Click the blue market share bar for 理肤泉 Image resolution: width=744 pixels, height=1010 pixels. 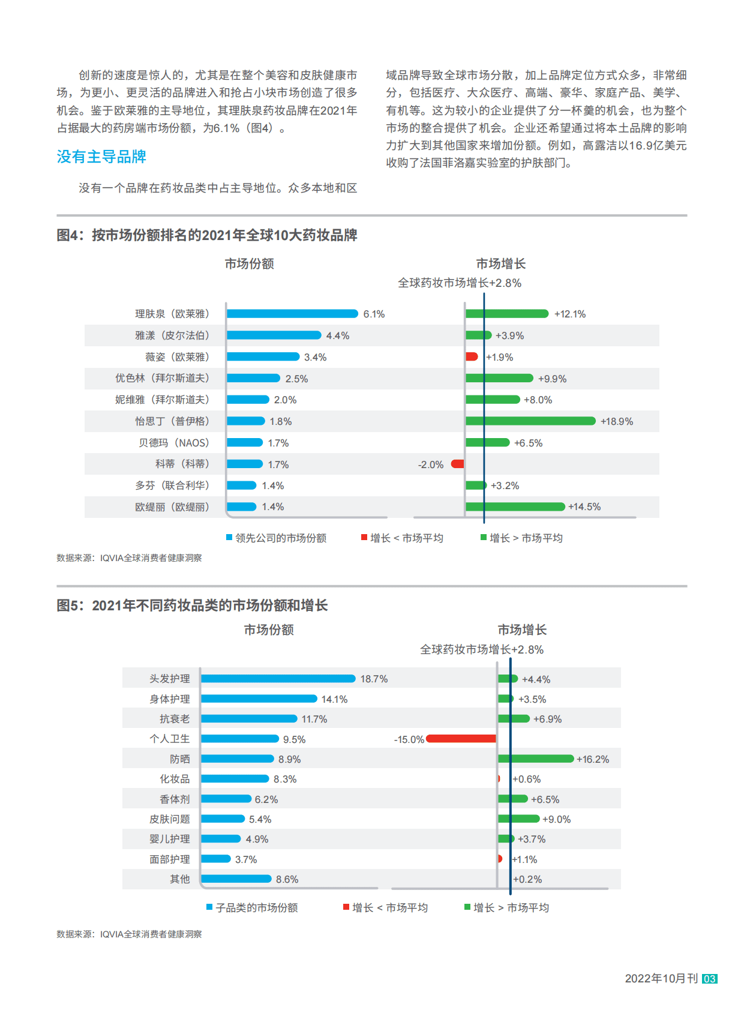292,314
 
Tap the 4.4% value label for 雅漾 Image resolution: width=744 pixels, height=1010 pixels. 338,336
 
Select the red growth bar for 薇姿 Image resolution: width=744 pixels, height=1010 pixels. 472,357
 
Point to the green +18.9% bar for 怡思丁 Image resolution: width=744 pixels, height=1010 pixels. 530,421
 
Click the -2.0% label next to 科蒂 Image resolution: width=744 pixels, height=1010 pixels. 431,465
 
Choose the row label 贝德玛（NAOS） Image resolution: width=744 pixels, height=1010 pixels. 174,443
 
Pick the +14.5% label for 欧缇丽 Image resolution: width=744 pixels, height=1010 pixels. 584,507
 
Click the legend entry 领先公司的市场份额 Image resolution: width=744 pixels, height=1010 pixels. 280,538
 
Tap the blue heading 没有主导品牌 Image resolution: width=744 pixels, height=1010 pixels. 101,157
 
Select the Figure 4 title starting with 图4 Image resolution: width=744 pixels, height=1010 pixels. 206,235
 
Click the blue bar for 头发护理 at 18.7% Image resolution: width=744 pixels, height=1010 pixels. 278,679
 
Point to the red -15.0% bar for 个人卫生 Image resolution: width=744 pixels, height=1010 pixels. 461,739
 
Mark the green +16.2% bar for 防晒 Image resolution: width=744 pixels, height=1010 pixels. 536,759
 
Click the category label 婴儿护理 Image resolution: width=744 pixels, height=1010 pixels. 170,840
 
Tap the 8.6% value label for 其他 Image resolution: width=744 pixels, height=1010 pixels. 287,880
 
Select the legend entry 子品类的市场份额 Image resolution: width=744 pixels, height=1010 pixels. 256,908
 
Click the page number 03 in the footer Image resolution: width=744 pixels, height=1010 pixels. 710,979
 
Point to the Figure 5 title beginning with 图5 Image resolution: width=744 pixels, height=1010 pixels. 192,606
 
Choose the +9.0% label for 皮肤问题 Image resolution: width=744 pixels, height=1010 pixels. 557,820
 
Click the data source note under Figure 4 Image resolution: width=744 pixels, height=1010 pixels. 129,558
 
